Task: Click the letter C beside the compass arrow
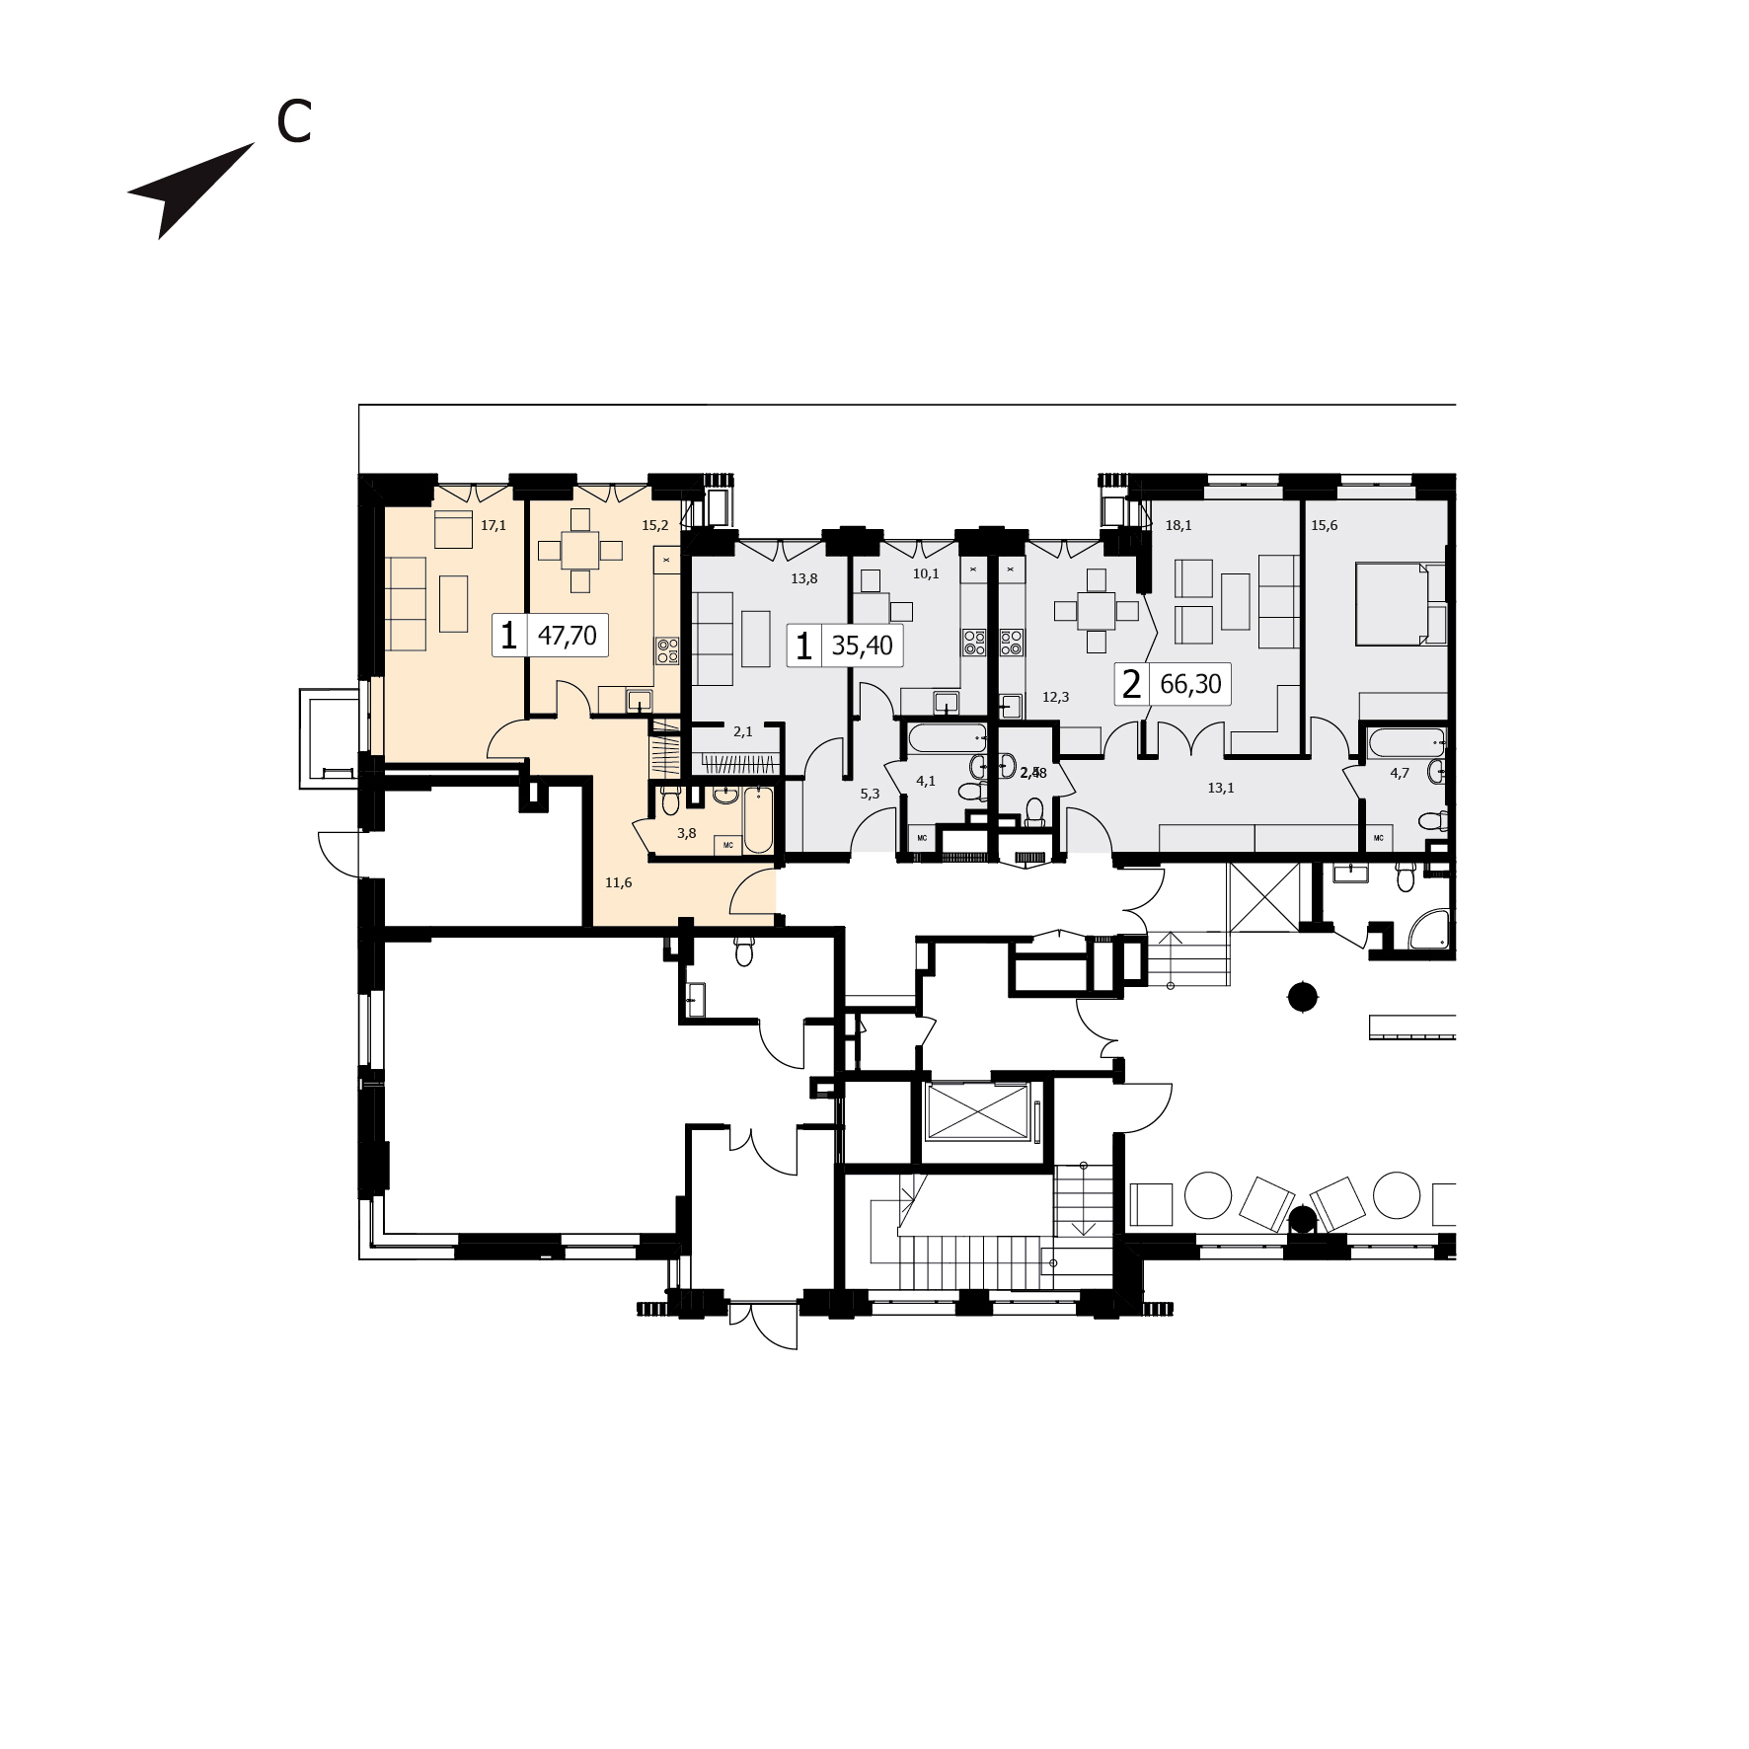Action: click(x=294, y=121)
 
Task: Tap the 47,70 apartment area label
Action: click(x=567, y=636)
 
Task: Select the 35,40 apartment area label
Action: click(x=862, y=646)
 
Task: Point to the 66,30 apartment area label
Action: click(x=1190, y=684)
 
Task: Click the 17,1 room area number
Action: click(x=494, y=526)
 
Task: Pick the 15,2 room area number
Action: click(x=654, y=526)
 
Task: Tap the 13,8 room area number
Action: click(x=803, y=579)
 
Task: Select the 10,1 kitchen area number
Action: click(x=926, y=573)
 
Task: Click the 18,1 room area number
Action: click(x=1179, y=526)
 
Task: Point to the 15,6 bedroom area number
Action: click(x=1324, y=526)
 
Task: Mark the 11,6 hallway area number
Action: click(x=618, y=882)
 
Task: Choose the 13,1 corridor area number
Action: click(x=1220, y=788)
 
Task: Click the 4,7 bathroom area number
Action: click(x=1400, y=773)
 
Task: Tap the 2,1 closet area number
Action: click(x=742, y=731)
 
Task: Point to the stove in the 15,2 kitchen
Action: click(x=668, y=649)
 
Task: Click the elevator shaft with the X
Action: click(x=976, y=1110)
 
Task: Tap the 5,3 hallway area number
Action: click(x=870, y=794)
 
